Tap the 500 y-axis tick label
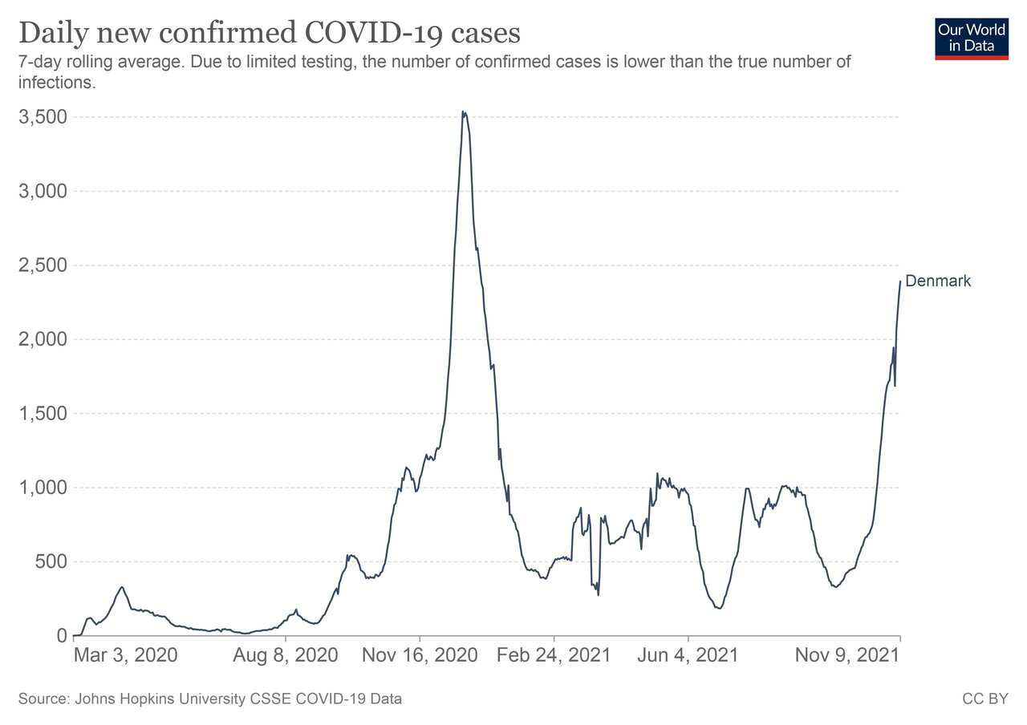(x=48, y=561)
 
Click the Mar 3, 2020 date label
(x=125, y=654)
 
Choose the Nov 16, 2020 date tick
(x=420, y=654)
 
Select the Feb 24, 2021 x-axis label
(x=554, y=654)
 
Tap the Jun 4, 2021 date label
(x=688, y=654)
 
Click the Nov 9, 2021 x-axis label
(x=847, y=654)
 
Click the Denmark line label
(x=938, y=281)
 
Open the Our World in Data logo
(x=971, y=37)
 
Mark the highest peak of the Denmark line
(x=464, y=112)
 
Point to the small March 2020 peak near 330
(x=122, y=587)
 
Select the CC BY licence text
(x=984, y=699)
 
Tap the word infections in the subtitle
(x=56, y=82)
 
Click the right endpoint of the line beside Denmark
(x=899, y=281)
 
